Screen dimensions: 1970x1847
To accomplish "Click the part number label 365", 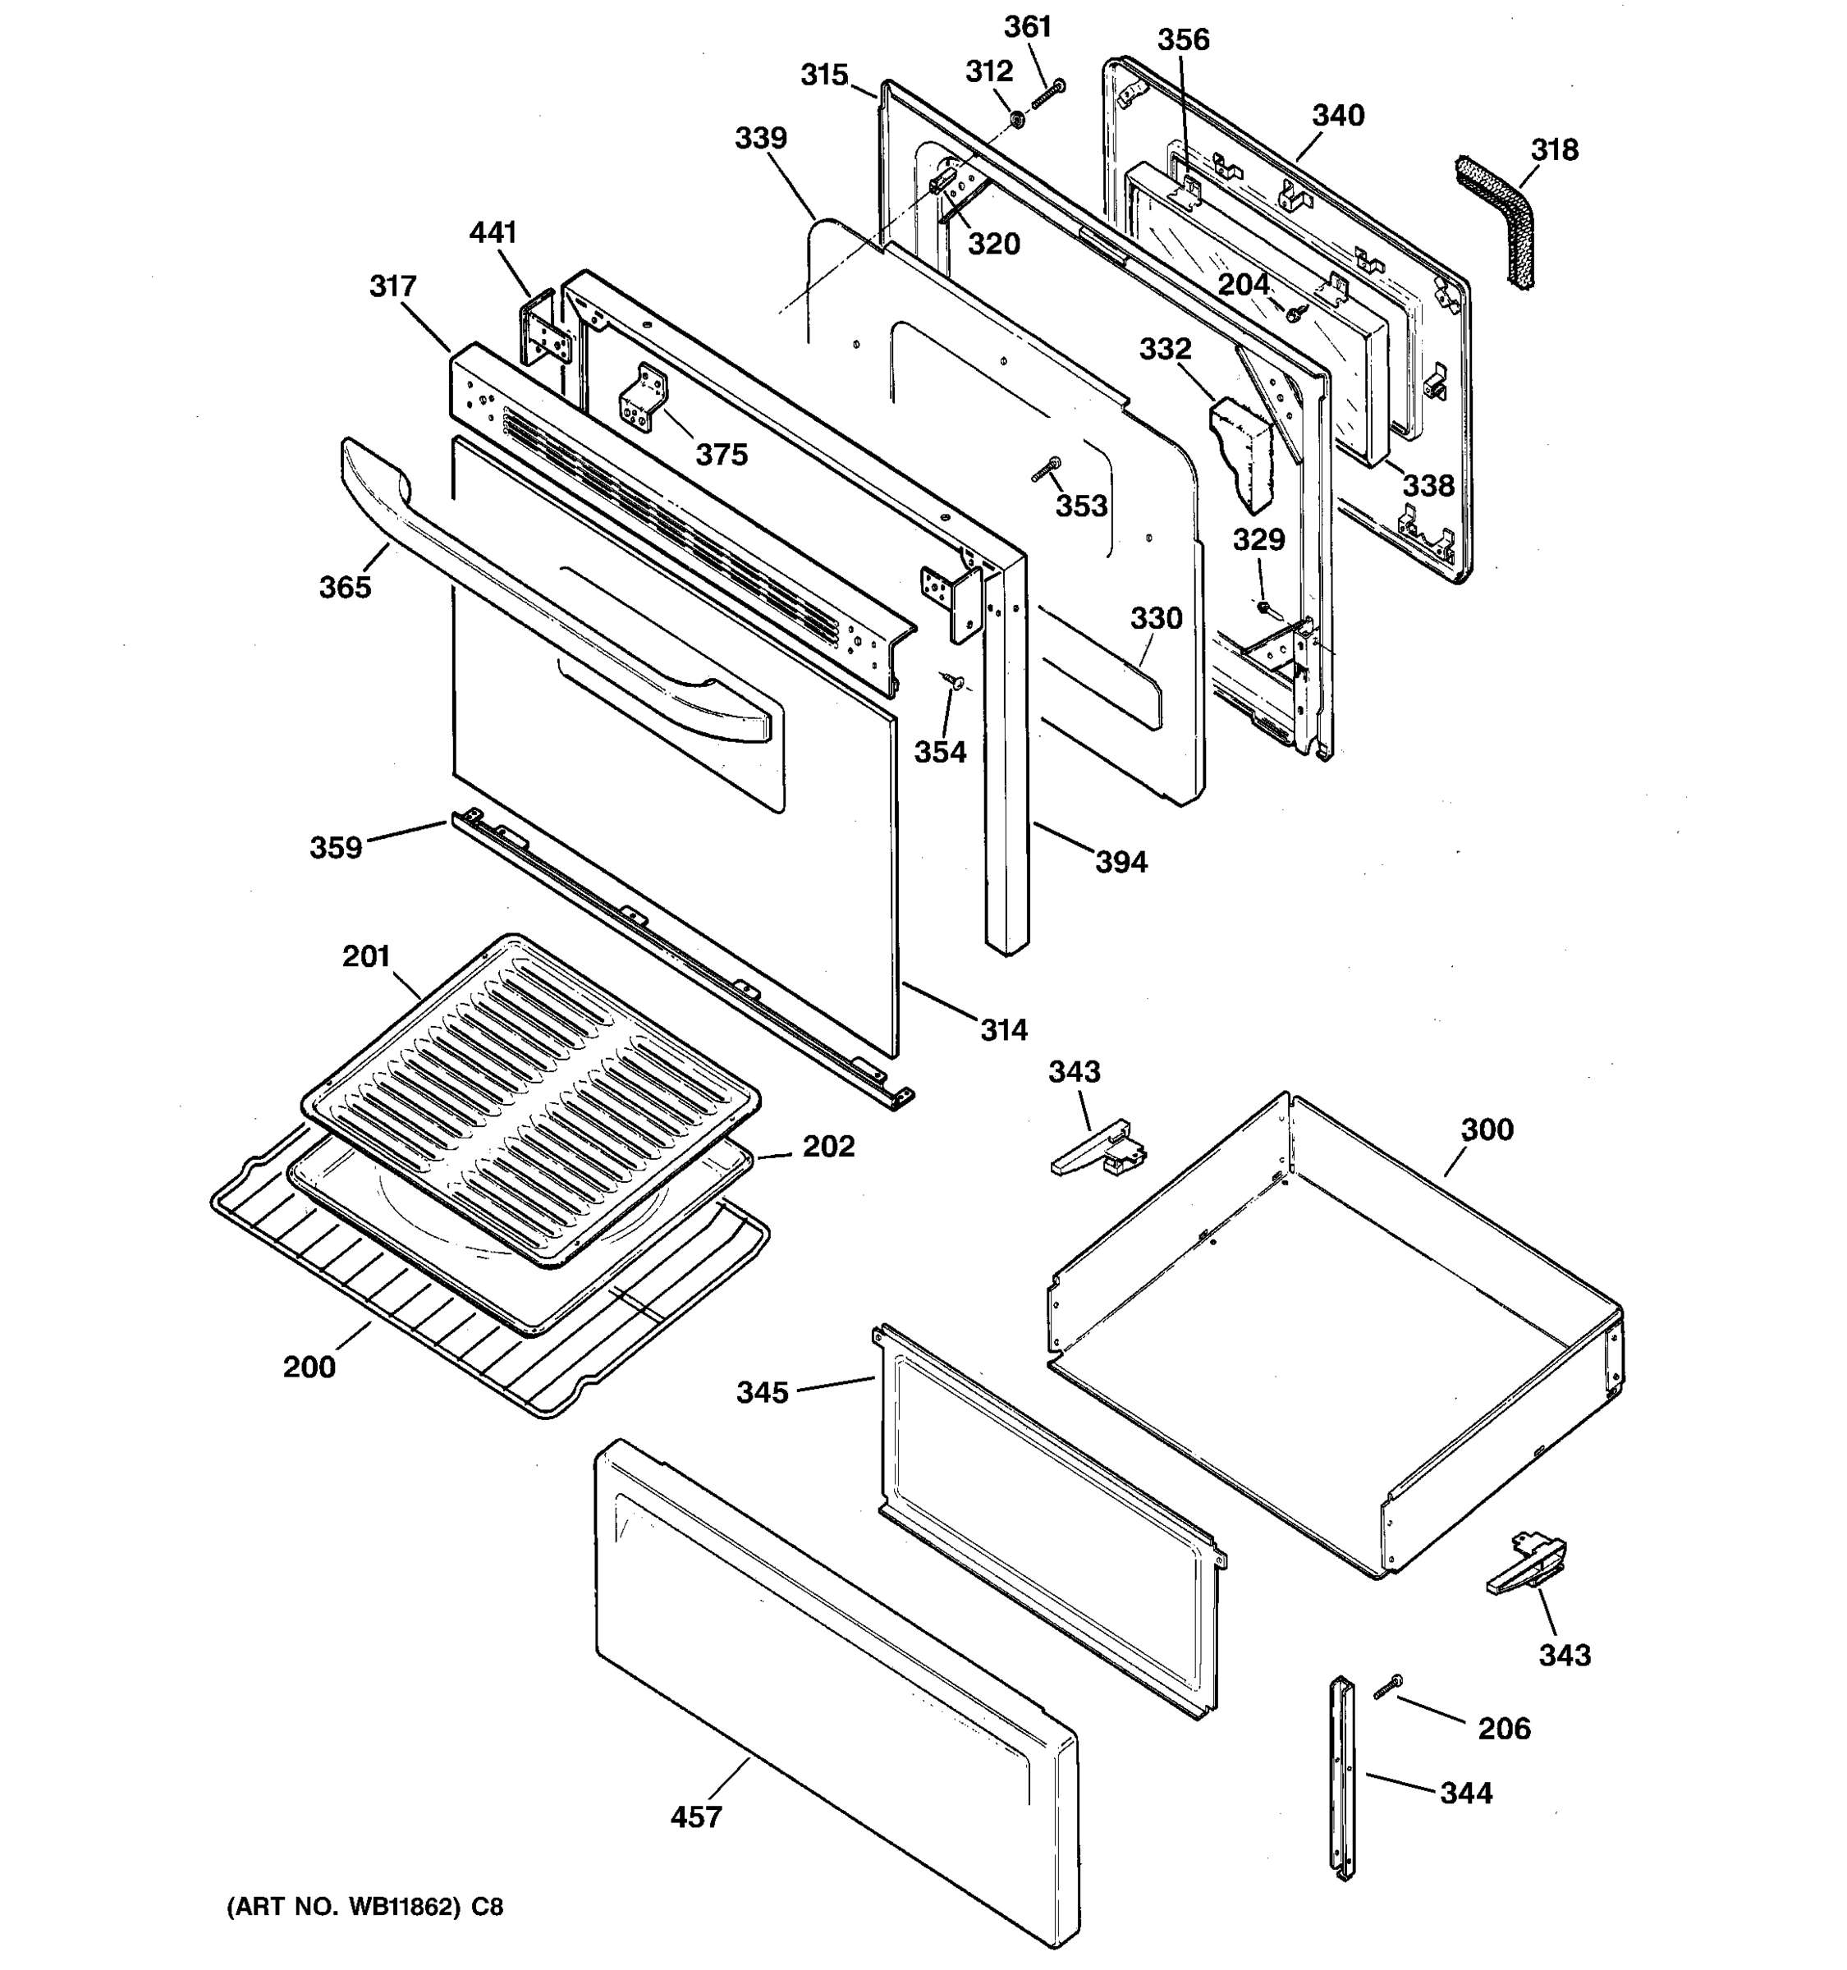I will (x=345, y=587).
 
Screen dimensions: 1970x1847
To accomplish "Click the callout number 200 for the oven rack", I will (x=309, y=1367).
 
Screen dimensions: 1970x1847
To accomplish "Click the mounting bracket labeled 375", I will (x=643, y=397).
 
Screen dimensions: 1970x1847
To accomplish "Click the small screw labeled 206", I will (x=1387, y=1688).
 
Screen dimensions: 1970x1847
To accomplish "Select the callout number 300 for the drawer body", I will (x=1487, y=1129).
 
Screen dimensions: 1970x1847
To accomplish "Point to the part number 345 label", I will (x=762, y=1392).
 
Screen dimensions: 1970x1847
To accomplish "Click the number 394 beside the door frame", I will (x=1121, y=861).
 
